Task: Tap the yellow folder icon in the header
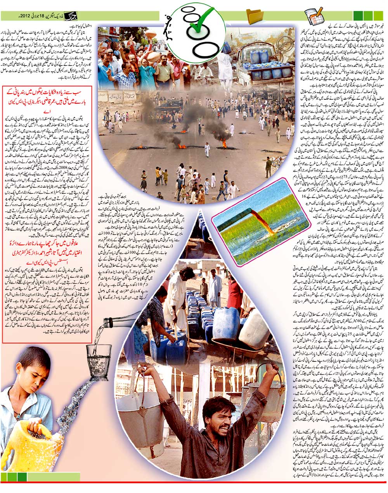pos(254,16)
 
